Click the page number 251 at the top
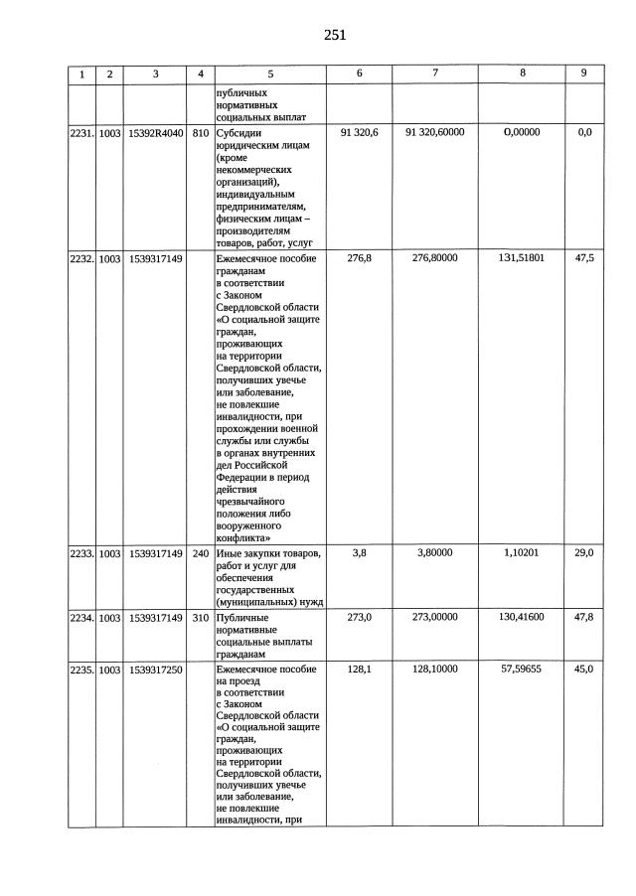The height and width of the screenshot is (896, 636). [334, 35]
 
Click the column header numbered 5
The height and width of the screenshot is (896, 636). [269, 74]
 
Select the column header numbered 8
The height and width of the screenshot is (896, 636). [523, 74]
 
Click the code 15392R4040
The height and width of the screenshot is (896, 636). [156, 132]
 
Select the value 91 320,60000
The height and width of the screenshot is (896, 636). [435, 132]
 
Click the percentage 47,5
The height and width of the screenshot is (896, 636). [584, 258]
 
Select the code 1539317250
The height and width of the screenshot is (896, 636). [156, 671]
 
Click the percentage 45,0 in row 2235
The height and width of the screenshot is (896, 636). [584, 671]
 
